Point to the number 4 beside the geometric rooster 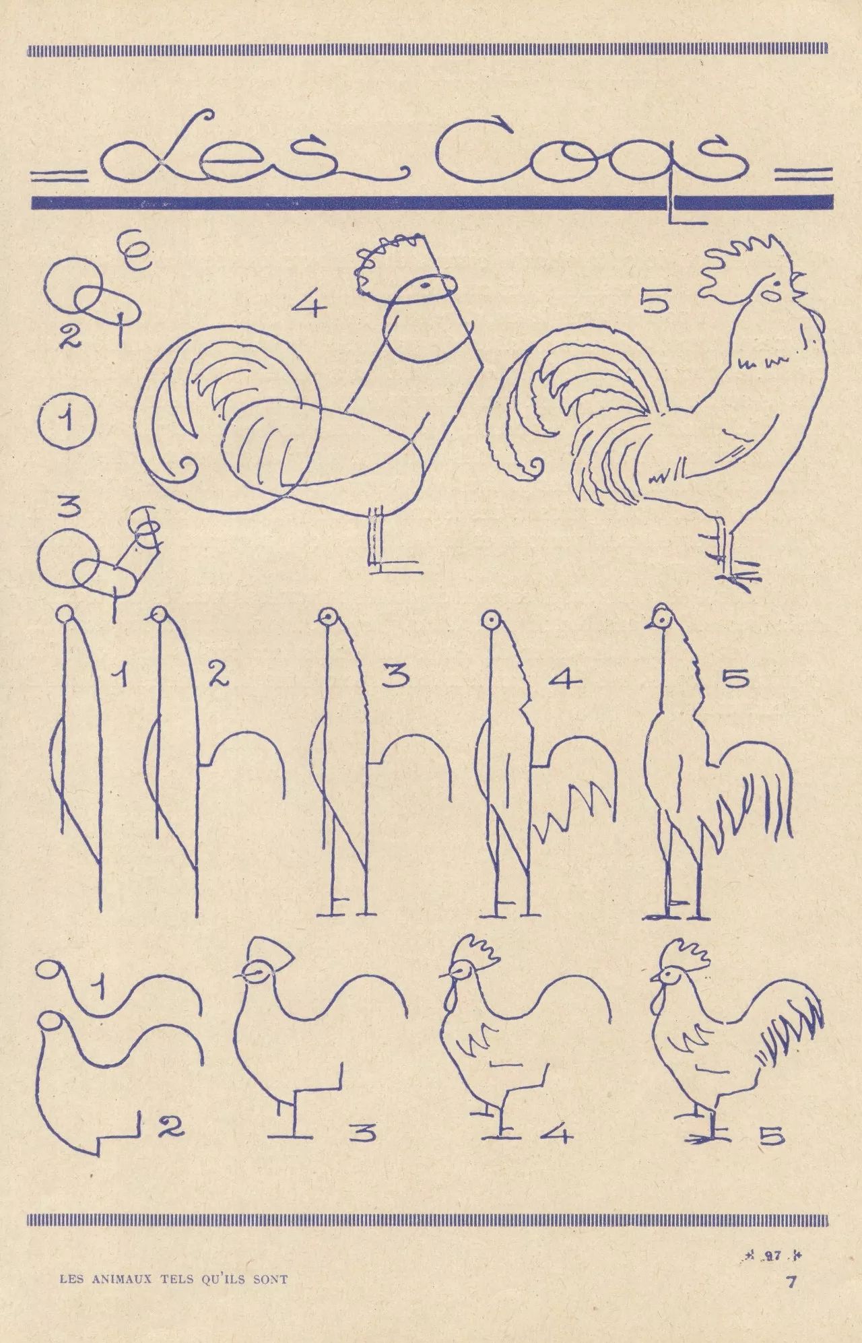coord(309,305)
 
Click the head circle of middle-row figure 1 coord(65,615)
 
